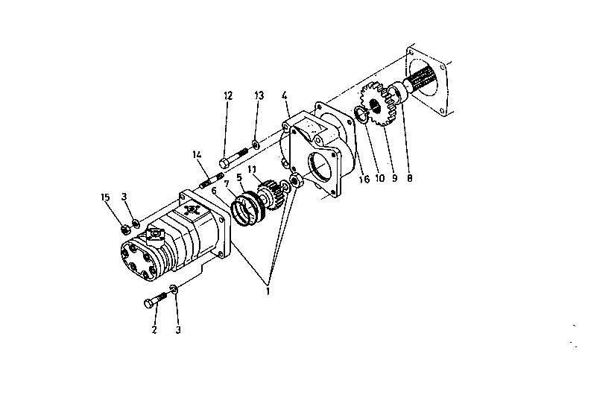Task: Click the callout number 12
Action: pos(228,95)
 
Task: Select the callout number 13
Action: pos(259,95)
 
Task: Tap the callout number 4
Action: pos(284,95)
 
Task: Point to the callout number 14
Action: pos(197,154)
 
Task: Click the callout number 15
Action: pos(105,197)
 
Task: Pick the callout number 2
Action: pos(154,329)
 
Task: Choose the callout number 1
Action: pos(268,291)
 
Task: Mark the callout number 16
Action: pos(364,179)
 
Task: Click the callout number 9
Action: pos(395,178)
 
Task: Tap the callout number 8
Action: pos(410,178)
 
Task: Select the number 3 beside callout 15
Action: pos(124,197)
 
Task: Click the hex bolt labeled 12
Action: pos(233,158)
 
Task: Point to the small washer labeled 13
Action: pos(256,144)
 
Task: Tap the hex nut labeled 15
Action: pos(125,229)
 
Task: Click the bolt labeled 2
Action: pos(155,300)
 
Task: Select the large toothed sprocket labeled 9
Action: pos(378,104)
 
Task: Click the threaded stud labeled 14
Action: pos(212,180)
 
